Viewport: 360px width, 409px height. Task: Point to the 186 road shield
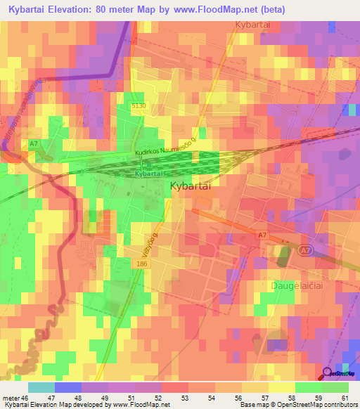(142, 262)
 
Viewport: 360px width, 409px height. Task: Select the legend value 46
(25, 398)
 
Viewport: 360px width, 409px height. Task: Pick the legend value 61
(344, 398)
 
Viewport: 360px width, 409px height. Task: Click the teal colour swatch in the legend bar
(41, 387)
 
